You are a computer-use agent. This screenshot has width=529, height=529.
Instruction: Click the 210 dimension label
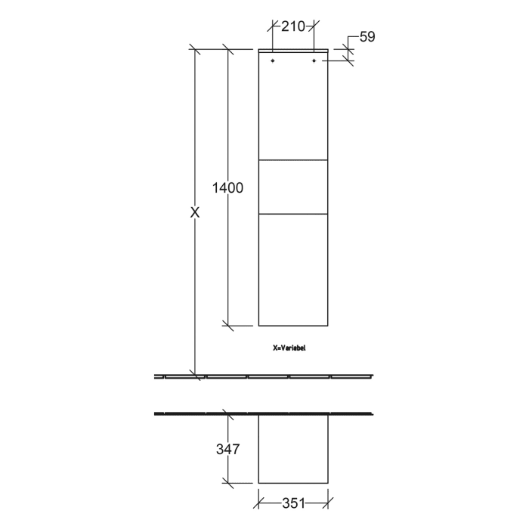[x=292, y=26]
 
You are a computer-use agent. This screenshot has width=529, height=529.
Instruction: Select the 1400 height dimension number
[x=227, y=188]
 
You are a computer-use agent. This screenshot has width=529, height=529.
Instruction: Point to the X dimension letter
[x=195, y=213]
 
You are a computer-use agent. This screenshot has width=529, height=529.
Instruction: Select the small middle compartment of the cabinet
[x=293, y=187]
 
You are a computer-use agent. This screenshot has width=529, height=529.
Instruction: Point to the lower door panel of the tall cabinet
[x=293, y=270]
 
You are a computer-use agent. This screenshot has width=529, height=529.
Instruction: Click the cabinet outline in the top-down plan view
[x=293, y=449]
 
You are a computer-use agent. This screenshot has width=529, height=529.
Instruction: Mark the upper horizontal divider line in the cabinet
[x=293, y=161]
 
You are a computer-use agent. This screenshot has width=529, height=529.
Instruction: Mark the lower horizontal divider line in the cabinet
[x=293, y=215]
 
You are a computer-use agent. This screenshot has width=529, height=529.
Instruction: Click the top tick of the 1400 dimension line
[x=227, y=50]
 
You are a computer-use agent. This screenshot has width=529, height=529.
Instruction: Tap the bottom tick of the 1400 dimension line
[x=227, y=326]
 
